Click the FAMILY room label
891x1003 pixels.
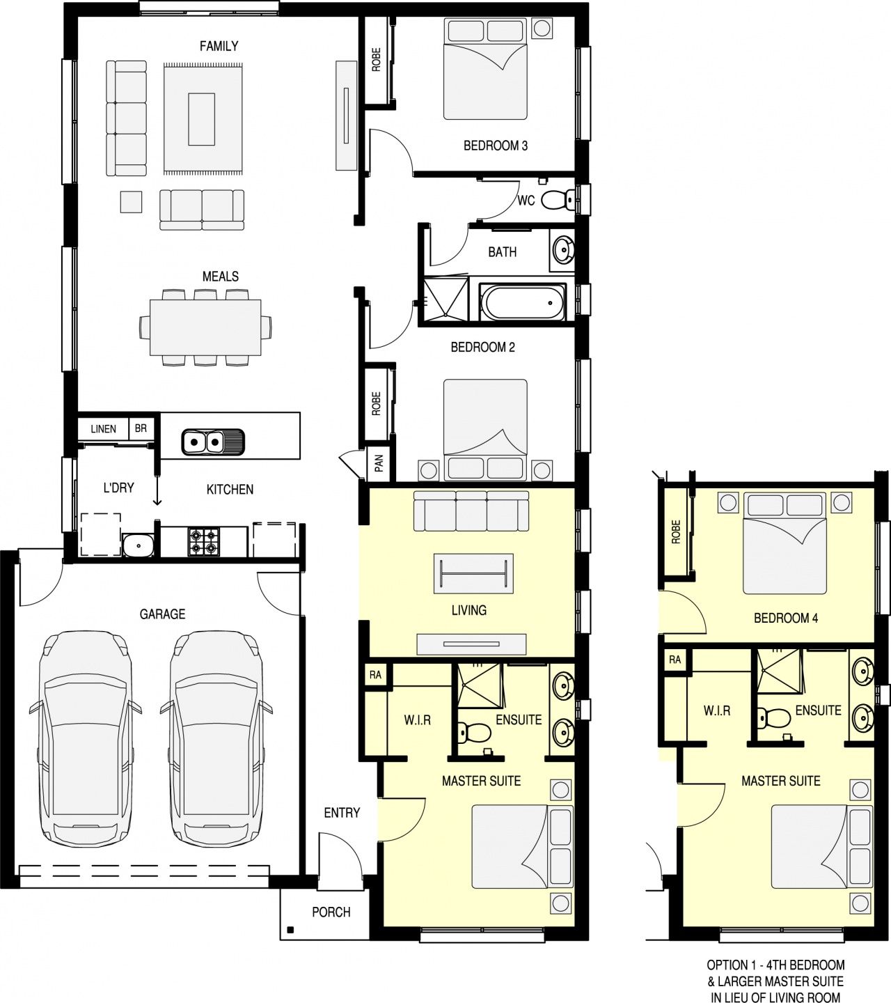(219, 46)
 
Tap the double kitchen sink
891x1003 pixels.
(213, 442)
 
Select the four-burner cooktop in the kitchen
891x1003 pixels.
(203, 542)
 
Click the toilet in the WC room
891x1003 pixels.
(558, 200)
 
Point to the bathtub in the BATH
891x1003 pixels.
(523, 302)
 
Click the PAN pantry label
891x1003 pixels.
(379, 463)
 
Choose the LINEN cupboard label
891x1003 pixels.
(104, 429)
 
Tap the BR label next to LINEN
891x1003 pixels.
(141, 428)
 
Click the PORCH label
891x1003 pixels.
(331, 912)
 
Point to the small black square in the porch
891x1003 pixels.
(290, 931)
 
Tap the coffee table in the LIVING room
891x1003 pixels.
(473, 573)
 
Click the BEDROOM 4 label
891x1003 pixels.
(786, 618)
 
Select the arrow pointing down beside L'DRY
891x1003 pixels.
(157, 490)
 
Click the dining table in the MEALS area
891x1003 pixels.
(205, 327)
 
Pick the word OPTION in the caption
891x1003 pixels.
(727, 965)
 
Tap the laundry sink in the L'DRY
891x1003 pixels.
(138, 545)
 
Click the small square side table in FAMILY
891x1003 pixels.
(131, 202)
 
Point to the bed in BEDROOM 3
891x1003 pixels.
(485, 69)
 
